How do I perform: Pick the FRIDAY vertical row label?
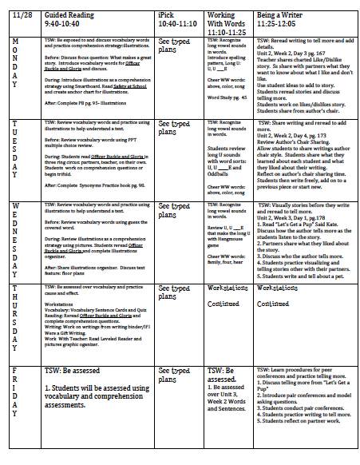click(17, 399)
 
